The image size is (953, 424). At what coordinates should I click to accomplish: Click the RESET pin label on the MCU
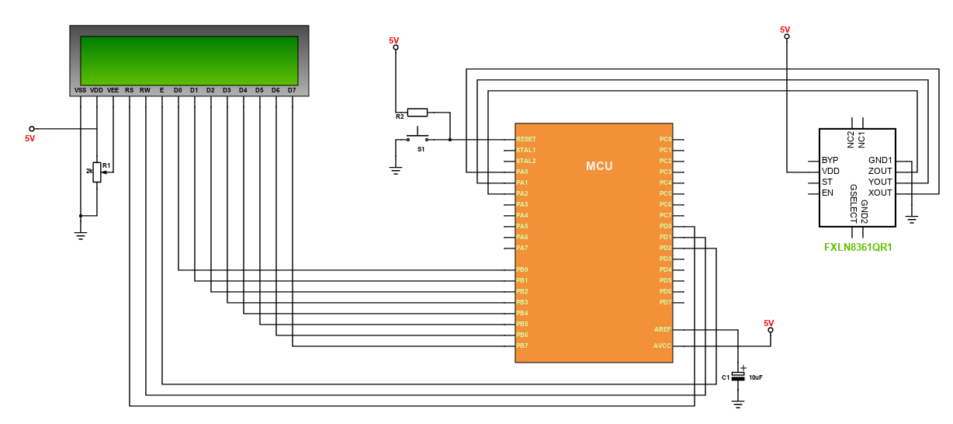click(526, 139)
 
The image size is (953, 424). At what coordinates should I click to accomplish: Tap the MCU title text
click(599, 166)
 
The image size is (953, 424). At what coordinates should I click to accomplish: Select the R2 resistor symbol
click(418, 113)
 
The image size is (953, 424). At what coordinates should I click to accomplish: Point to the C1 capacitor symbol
click(738, 377)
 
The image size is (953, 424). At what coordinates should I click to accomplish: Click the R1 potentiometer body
click(97, 172)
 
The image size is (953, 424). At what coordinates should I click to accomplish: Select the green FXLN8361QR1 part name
click(858, 247)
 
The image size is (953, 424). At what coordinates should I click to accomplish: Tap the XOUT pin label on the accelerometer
click(880, 193)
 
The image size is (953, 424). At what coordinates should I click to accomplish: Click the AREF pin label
click(663, 329)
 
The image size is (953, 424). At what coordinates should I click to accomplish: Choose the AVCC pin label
click(662, 346)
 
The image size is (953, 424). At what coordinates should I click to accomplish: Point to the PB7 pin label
click(522, 346)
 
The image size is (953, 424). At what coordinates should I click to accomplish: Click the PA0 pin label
click(522, 172)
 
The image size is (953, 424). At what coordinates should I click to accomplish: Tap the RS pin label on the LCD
click(129, 90)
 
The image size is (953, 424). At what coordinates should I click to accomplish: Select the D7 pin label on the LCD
click(292, 90)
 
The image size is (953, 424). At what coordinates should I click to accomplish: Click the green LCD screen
click(189, 61)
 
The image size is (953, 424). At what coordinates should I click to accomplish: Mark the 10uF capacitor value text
click(756, 377)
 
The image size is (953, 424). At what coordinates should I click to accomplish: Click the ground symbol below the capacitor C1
click(738, 404)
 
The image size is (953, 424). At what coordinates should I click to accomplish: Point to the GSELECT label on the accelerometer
click(854, 203)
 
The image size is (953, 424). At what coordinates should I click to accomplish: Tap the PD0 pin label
click(665, 226)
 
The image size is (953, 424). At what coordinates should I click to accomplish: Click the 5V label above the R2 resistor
click(394, 40)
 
